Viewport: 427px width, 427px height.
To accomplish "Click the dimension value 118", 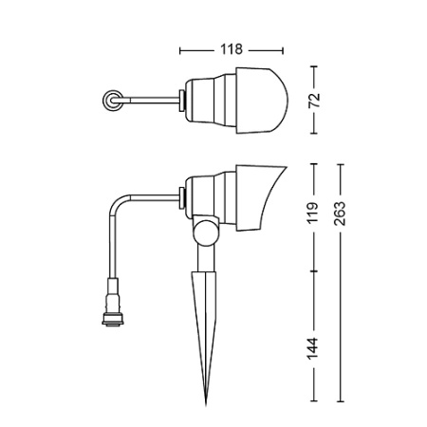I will (x=232, y=48).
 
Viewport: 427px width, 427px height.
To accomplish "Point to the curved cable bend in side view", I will (x=120, y=202).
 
